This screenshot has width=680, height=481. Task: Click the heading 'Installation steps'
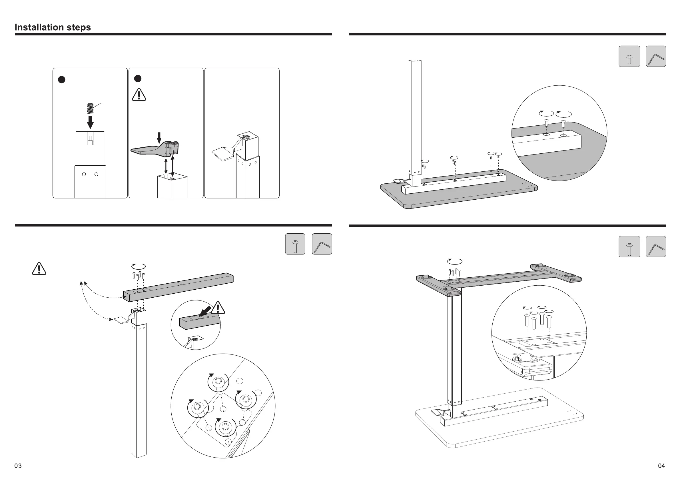53,27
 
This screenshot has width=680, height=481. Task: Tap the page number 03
18,466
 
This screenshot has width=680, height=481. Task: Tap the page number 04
661,466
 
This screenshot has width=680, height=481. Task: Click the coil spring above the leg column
90,109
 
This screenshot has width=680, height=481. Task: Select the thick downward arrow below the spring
90,122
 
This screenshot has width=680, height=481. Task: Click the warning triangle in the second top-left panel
139,95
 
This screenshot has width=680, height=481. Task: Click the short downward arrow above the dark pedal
159,138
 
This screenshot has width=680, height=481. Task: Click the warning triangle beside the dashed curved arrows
39,269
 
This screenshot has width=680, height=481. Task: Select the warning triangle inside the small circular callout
218,308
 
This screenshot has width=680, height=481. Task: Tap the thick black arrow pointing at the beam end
206,312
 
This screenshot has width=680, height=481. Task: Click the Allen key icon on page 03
322,244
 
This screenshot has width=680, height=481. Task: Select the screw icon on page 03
295,244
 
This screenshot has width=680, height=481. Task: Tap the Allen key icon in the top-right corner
656,56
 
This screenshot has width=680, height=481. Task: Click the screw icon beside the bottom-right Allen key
629,247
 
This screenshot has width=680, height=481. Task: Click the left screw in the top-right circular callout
546,122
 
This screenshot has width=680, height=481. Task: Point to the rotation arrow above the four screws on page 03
139,266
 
